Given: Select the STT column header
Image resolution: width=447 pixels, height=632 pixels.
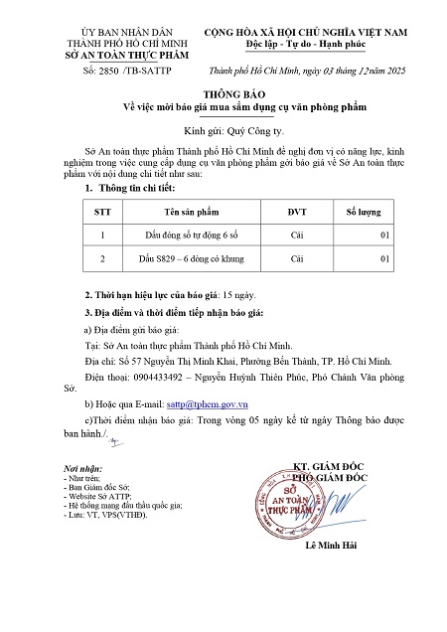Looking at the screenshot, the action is tap(102, 212).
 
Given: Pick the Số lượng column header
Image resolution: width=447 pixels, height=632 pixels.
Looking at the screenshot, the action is tap(365, 212).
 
